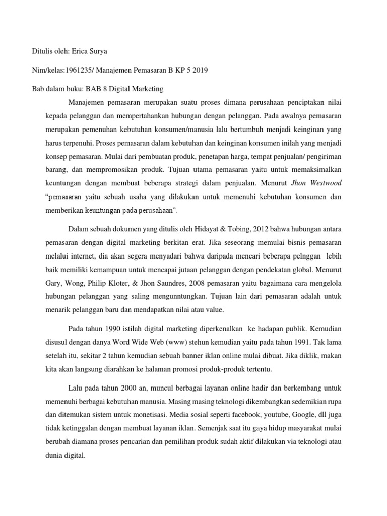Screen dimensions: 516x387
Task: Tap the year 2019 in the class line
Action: click(198, 71)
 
